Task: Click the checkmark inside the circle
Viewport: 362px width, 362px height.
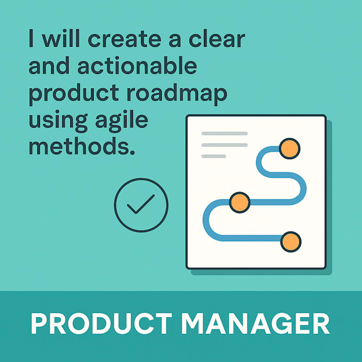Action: coord(141,204)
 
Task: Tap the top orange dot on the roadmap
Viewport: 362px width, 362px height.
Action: coord(290,149)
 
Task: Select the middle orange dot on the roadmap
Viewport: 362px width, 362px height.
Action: coord(240,202)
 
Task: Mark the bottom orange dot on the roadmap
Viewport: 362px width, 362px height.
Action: coord(290,242)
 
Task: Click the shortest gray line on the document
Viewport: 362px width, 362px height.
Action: coord(214,156)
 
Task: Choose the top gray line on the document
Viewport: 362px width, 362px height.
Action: coord(224,133)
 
